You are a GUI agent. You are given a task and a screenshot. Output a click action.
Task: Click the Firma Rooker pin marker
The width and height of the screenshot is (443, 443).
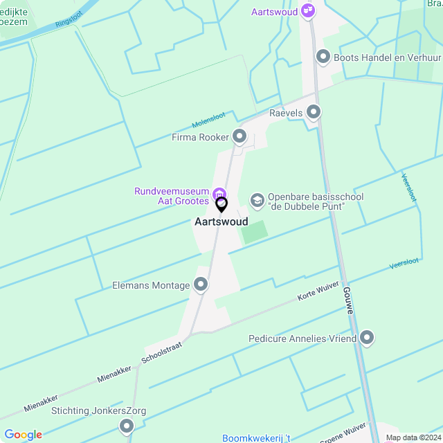tap(239, 137)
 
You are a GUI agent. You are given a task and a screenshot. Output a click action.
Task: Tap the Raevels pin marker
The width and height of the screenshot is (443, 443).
tap(314, 112)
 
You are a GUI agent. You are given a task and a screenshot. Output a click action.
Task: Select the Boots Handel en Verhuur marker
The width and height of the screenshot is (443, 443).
tap(322, 57)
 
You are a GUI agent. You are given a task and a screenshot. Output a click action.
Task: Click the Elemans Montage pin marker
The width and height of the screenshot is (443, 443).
tap(201, 284)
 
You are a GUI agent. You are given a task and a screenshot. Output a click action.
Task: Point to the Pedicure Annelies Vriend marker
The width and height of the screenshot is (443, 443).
tap(367, 338)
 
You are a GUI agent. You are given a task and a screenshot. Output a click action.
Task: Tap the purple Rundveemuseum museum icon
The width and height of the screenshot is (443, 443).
tap(219, 193)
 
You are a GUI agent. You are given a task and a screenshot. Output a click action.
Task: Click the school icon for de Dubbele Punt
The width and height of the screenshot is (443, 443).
tap(257, 201)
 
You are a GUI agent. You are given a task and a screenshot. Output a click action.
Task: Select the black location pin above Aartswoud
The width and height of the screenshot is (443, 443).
tap(221, 205)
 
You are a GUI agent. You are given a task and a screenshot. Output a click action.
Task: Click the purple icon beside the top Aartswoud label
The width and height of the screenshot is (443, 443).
tap(309, 12)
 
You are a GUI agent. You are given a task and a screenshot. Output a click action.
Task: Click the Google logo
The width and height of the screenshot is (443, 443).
tap(23, 435)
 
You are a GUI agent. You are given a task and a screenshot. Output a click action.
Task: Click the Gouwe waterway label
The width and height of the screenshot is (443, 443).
tap(348, 301)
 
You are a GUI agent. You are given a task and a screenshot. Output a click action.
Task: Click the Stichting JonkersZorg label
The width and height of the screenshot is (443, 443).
tap(98, 410)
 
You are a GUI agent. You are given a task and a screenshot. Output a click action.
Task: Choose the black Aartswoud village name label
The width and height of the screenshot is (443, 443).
tap(221, 222)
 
